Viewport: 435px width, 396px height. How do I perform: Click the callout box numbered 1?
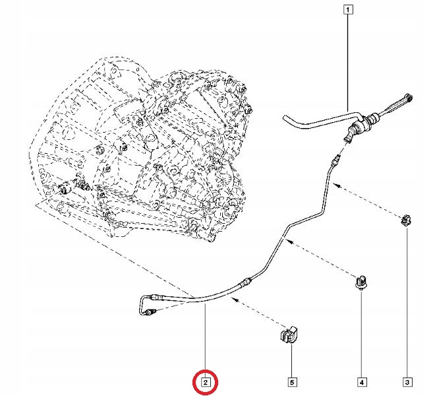coord(348,10)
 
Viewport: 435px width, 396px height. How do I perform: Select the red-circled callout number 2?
coord(205,382)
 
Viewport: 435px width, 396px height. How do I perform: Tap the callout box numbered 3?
coord(407,382)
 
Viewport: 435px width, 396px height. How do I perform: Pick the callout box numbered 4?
coord(361,382)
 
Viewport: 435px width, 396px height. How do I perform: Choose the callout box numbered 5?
coord(291,382)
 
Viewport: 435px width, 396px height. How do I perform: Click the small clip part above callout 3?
coord(407,220)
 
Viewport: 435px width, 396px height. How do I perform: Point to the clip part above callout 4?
coord(361,282)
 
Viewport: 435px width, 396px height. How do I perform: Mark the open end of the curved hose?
coord(285,118)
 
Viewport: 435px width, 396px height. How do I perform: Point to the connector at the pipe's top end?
coord(336,160)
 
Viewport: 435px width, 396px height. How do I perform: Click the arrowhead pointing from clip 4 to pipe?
coord(291,242)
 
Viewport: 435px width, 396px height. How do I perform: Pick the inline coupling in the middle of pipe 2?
coord(245,282)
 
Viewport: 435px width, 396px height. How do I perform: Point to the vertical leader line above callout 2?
coord(205,341)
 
